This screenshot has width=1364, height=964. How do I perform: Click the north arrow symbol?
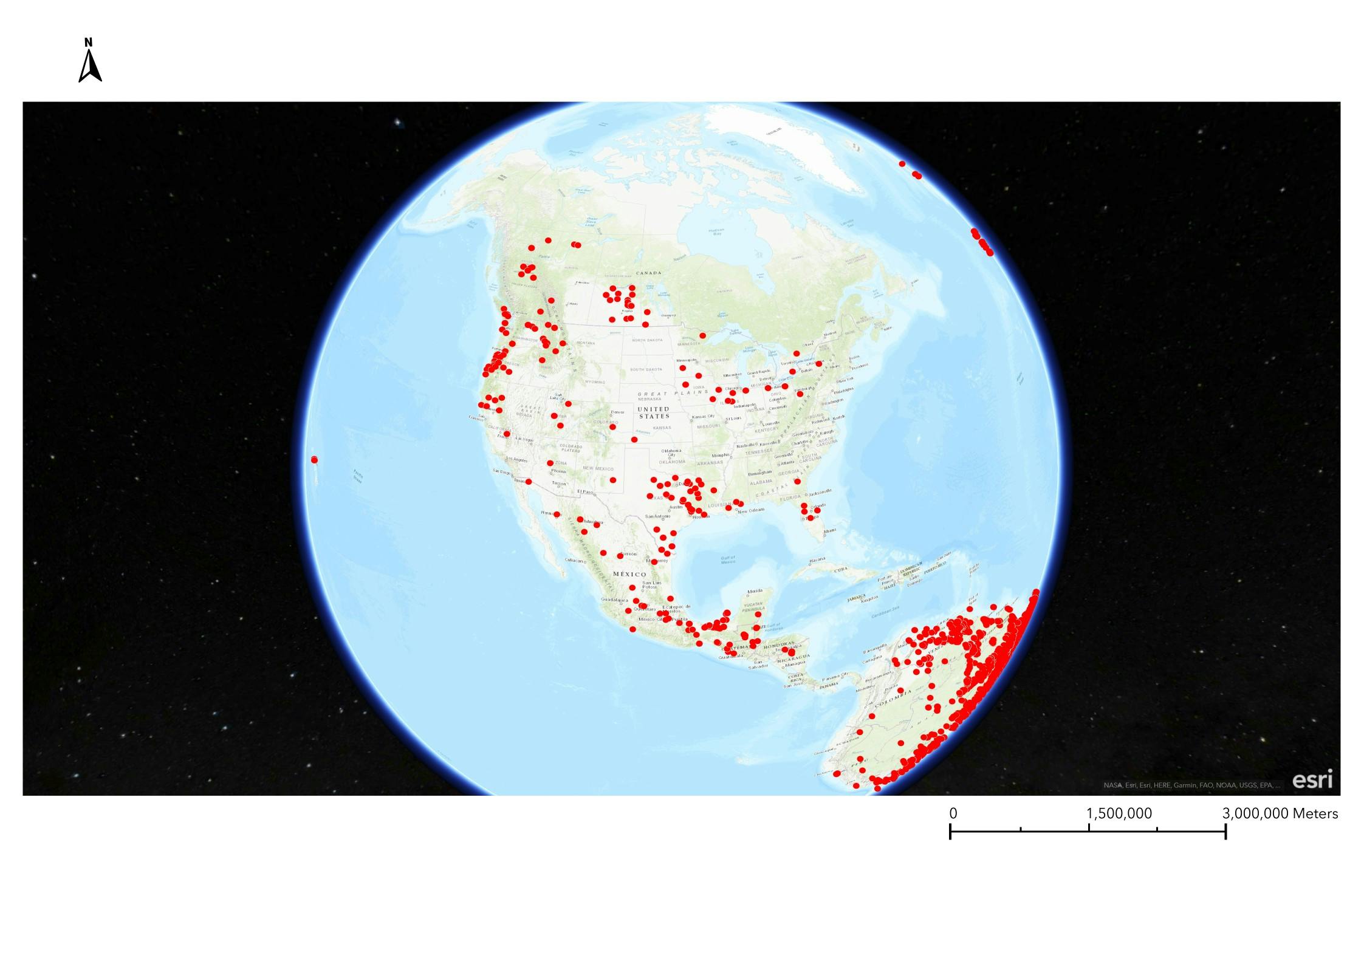pos(90,61)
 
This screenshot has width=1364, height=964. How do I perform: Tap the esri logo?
pos(1312,780)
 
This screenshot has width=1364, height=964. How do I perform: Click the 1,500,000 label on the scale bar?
pos(1119,813)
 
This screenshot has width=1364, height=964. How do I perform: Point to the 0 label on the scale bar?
pos(953,813)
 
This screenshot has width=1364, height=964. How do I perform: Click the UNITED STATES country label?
pos(654,412)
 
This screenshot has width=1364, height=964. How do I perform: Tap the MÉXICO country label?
pos(629,574)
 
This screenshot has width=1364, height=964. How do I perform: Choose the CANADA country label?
pos(648,273)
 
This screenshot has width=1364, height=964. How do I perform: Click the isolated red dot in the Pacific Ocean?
pos(314,459)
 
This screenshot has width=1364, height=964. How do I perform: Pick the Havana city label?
pos(817,559)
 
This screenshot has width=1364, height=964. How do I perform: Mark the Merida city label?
pos(755,590)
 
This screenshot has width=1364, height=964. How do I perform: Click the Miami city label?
pos(830,530)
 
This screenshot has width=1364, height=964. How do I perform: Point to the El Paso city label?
pos(584,491)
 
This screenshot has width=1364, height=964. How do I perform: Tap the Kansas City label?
pos(703,416)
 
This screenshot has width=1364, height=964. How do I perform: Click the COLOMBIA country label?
pos(893,698)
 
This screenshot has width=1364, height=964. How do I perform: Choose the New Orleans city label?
pos(751,511)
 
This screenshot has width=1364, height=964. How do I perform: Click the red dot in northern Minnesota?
pos(702,335)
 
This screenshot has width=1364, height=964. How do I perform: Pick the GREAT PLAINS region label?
pos(673,393)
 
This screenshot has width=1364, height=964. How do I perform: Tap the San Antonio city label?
pos(657,516)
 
